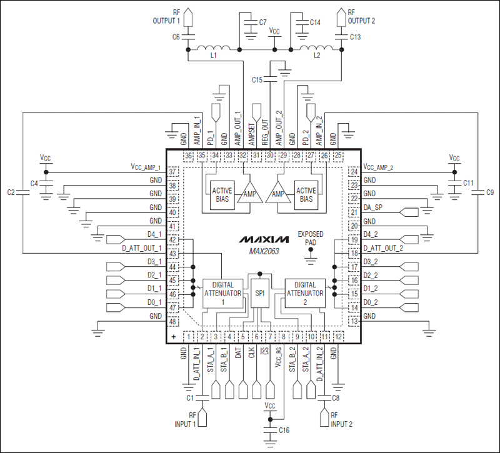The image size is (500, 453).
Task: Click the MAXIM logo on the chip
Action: [263, 239]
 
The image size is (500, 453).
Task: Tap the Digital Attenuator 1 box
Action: [222, 292]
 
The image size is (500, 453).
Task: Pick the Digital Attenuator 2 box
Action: [305, 292]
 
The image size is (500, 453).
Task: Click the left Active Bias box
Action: [222, 195]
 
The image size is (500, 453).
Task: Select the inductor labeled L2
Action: [316, 49]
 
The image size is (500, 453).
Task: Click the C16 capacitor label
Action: [284, 431]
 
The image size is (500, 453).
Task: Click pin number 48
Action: [173, 321]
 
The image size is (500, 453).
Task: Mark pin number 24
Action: [353, 171]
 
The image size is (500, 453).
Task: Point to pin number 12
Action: [338, 337]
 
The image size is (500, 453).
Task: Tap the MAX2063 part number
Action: [263, 251]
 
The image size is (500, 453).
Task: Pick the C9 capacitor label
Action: [490, 192]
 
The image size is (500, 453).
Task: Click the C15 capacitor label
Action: [257, 80]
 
